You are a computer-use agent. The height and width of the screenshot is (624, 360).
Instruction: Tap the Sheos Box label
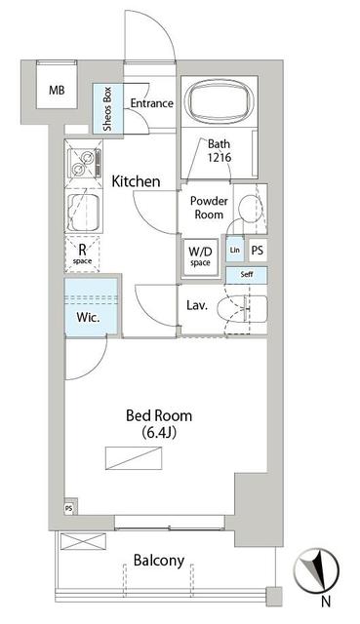pyautogui.click(x=107, y=108)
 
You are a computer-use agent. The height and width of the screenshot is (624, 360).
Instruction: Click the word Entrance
pyautogui.click(x=152, y=104)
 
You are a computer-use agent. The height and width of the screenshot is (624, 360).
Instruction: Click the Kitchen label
pyautogui.click(x=137, y=181)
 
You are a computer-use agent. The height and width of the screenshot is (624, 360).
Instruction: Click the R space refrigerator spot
pyautogui.click(x=83, y=253)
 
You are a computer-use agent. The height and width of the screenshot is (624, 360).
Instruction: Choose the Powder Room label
pyautogui.click(x=208, y=208)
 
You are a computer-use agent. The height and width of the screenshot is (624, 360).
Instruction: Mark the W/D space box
pyautogui.click(x=200, y=256)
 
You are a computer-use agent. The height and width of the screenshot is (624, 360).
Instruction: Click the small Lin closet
pyautogui.click(x=234, y=250)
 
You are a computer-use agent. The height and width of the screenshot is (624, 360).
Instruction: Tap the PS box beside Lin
pyautogui.click(x=258, y=250)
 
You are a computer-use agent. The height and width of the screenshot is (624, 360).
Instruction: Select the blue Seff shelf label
pyautogui.click(x=246, y=276)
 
